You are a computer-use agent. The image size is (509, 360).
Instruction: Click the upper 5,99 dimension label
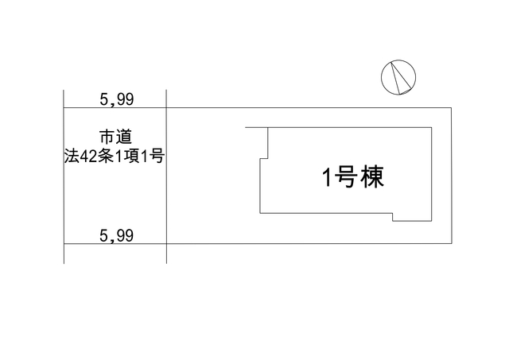117,99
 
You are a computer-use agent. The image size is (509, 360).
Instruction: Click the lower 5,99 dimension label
117,235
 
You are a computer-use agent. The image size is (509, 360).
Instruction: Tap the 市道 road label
115,137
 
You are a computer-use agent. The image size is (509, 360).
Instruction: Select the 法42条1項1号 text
115,157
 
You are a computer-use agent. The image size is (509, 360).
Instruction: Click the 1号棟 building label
353,177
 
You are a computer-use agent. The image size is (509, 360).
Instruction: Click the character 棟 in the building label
373,177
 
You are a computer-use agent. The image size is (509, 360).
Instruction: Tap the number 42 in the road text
87,157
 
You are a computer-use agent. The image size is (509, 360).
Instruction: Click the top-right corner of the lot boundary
451,107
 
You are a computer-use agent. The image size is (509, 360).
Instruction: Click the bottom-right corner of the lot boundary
451,243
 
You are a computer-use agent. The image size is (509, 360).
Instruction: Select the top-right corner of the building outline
431,127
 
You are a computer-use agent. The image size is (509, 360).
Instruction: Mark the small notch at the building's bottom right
393,217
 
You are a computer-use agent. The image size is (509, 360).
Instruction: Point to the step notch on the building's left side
264,159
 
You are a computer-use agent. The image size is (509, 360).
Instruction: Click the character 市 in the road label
107,137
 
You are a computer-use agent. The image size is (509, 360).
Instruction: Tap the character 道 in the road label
124,137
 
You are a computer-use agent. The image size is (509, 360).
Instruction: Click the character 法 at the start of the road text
72,157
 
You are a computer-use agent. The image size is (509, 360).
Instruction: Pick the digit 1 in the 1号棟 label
327,178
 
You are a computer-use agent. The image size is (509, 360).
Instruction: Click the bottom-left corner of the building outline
260,213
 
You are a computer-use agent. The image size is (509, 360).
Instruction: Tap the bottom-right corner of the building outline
431,221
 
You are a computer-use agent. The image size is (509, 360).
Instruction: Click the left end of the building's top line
246,127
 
